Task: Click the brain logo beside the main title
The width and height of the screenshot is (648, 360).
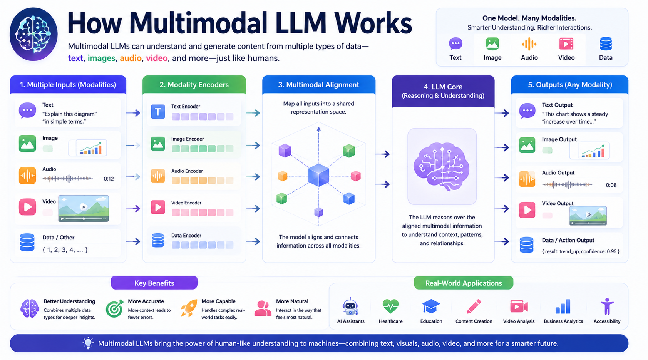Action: coord(33,34)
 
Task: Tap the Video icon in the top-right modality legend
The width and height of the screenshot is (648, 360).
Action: coord(566,44)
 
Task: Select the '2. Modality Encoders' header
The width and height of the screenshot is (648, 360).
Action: coord(194,84)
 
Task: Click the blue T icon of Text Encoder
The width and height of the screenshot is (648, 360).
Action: coord(158,112)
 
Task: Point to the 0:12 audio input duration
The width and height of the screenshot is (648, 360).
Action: coord(109,179)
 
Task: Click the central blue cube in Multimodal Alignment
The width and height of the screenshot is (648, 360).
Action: coord(318,175)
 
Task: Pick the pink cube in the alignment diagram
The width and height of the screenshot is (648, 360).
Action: coord(355,176)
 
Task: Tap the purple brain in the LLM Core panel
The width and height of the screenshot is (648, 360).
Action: coord(442,166)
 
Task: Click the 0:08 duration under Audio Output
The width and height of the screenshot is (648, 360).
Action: coord(611,185)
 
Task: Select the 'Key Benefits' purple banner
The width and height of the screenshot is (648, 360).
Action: coord(154,283)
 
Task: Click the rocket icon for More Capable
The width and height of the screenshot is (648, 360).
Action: coord(189,308)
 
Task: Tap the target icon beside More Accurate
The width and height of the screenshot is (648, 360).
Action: coord(115,309)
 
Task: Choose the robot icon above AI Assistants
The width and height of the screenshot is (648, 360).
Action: coord(350,306)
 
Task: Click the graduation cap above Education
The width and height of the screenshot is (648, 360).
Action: coord(431,306)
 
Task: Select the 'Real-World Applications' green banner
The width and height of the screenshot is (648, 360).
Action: coord(464,283)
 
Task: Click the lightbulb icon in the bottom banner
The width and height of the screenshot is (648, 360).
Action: coord(88,343)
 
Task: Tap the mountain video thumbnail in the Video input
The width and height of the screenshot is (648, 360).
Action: coord(84,208)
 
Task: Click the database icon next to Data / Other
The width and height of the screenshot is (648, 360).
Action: coord(27,242)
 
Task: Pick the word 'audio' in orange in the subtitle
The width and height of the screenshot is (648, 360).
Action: coord(131,58)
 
